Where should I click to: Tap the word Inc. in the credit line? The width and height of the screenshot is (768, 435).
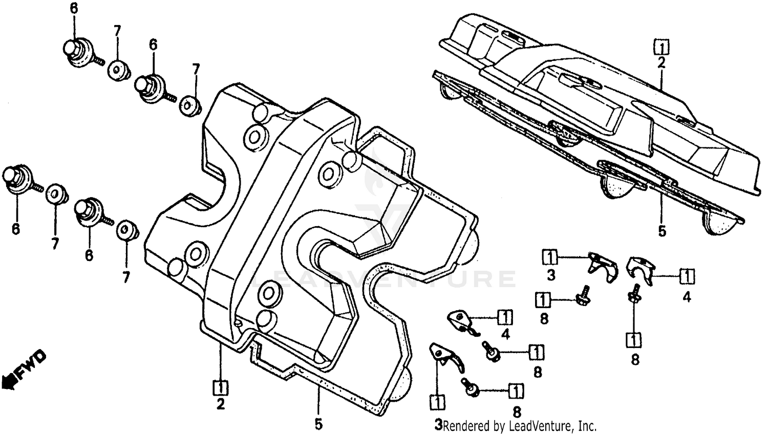pyautogui.click(x=587, y=425)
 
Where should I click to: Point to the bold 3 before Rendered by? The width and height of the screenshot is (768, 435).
pyautogui.click(x=438, y=424)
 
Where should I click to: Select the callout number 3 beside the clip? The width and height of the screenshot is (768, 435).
pyautogui.click(x=551, y=275)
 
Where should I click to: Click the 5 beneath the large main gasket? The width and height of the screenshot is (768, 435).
pyautogui.click(x=318, y=424)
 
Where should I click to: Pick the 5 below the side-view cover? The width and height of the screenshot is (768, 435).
pyautogui.click(x=662, y=231)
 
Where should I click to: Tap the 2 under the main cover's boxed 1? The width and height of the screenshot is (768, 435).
pyautogui.click(x=221, y=404)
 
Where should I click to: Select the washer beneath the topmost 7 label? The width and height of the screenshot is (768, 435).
pyautogui.click(x=118, y=69)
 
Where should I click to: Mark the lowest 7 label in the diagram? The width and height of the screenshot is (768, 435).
pyautogui.click(x=125, y=277)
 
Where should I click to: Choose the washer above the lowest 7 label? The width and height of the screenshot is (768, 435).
pyautogui.click(x=125, y=230)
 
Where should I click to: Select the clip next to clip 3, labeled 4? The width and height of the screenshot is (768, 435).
pyautogui.click(x=640, y=270)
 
